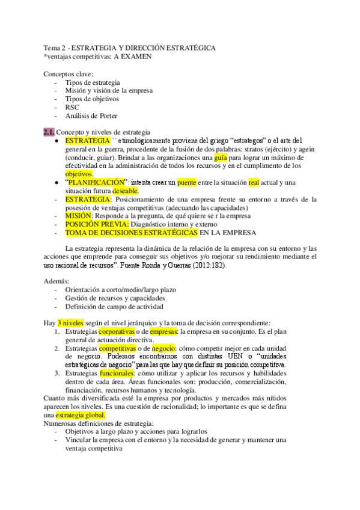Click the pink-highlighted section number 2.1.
point(49,132)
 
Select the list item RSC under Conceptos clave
point(72,107)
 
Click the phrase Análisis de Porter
point(91,115)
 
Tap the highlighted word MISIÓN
point(78,215)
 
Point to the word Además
point(56,281)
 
